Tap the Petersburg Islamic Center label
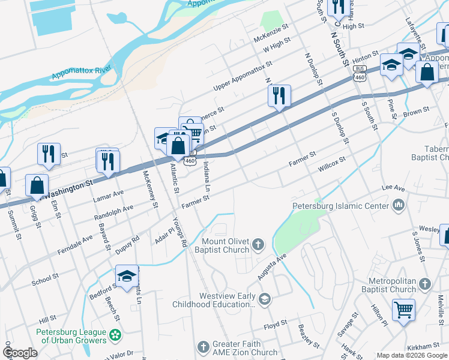pos(340,206)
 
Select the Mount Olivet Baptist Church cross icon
pos(258,244)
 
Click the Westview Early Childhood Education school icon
pos(265,298)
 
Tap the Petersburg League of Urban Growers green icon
pos(115,334)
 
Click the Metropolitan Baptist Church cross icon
pos(424,283)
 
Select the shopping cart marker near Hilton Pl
pos(403,311)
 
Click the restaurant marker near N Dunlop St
pos(279,96)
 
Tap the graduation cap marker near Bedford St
pos(127,277)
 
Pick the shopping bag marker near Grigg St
pos(37,186)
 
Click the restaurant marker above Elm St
pos(49,154)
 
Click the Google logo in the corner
pos(20,353)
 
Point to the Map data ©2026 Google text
pos(412,355)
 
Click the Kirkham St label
pos(422,347)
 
